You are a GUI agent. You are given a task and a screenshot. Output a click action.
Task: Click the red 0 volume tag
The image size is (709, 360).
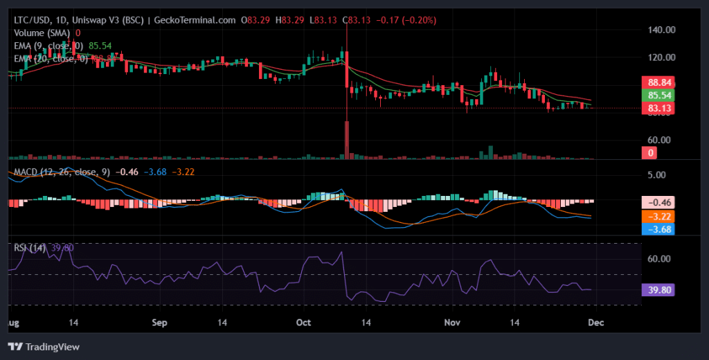650,153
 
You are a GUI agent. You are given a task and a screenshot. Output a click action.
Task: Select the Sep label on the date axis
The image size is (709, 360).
160,323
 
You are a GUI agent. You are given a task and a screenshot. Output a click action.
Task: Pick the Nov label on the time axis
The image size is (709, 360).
451,323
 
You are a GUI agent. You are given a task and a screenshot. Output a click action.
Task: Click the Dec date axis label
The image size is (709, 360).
595,323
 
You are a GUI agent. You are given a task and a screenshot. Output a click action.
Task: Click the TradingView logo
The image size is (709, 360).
44,346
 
